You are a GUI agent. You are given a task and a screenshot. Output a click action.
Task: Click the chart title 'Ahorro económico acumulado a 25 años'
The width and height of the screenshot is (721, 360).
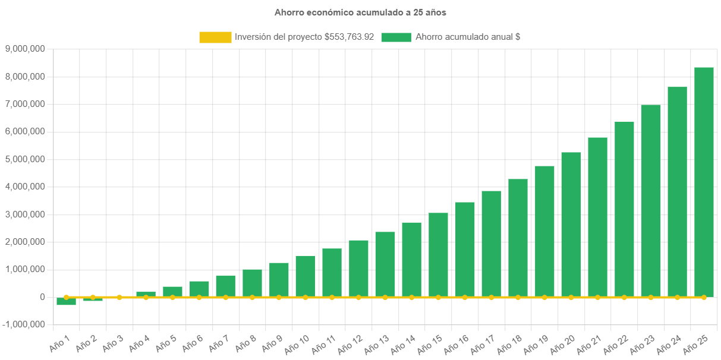[x=360, y=12]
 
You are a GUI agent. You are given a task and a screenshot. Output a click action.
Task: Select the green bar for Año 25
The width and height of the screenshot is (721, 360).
[x=704, y=181]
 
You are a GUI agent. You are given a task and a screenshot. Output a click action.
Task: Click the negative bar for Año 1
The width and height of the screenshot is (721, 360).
[x=66, y=301]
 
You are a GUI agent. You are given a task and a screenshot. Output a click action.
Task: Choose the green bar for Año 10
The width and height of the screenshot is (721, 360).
[x=305, y=276]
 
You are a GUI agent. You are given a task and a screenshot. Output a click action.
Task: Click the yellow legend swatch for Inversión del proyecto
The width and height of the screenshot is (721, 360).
[x=215, y=37]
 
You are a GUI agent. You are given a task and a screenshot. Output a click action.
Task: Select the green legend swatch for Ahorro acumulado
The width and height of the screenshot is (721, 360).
[x=396, y=37]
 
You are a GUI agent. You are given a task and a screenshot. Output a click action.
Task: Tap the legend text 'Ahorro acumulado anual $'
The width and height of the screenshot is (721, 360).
[x=468, y=37]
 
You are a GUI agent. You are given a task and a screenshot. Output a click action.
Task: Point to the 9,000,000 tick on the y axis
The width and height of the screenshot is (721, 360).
[x=25, y=49]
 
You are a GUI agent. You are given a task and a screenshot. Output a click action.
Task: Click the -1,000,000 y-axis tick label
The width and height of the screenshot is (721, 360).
[x=24, y=324]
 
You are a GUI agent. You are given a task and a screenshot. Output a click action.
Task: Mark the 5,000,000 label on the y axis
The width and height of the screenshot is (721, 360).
[x=25, y=159]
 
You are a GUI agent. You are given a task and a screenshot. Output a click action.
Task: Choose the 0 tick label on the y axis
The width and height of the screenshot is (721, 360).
[x=42, y=297]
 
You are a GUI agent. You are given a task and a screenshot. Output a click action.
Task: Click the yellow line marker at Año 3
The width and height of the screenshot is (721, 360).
[x=119, y=297]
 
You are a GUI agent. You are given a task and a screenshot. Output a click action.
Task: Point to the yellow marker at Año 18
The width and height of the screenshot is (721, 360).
[x=518, y=297]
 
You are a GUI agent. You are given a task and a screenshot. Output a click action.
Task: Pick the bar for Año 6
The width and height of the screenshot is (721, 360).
[x=199, y=289]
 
